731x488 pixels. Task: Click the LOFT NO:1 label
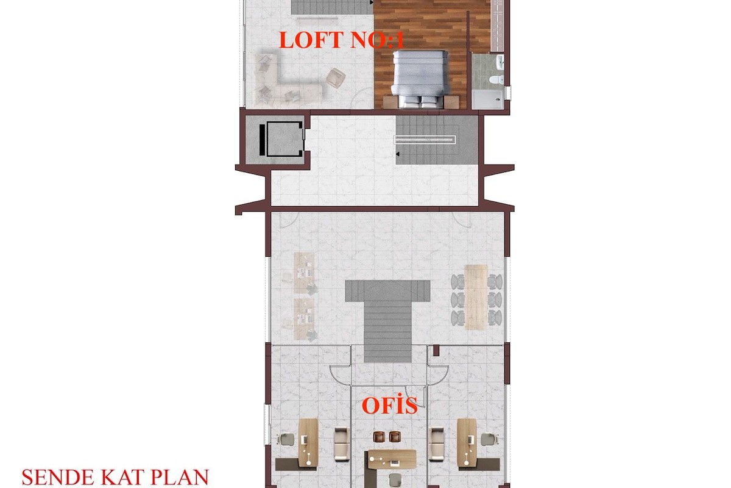point(341,40)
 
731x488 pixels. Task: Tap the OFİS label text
point(389,405)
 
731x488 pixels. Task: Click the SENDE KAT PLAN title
point(115,477)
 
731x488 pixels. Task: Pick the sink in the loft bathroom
point(500,62)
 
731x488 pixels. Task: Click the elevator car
point(284,139)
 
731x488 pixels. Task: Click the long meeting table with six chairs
point(476,297)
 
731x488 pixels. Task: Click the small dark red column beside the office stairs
point(436,351)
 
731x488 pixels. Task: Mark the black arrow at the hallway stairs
point(397,154)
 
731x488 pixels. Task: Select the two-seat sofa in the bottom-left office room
point(342,444)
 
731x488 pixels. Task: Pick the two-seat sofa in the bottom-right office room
point(437,444)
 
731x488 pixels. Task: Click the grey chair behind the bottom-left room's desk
point(286,439)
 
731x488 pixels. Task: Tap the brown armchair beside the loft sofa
point(336,78)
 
